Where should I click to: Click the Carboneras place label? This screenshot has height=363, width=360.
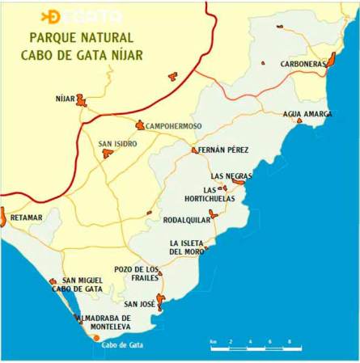coord(303,64)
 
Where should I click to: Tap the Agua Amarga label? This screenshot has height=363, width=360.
coord(307,114)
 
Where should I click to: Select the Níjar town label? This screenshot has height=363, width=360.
coord(65,99)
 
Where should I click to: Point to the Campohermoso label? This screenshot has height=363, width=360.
coord(173,126)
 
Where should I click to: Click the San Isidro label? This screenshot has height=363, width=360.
coord(117,144)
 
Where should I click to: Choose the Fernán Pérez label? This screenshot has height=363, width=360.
coord(223,150)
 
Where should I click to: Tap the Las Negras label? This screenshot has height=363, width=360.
coord(231,175)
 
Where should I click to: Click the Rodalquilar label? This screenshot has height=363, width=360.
coord(186,219)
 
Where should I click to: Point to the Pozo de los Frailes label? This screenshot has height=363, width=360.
coord(137,273)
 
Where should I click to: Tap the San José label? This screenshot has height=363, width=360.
coord(139,304)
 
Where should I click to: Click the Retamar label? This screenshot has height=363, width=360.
coord(27,217)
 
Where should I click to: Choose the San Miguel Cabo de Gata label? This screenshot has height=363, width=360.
coord(77,285)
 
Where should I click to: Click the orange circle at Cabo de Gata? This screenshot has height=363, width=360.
coord(96,337)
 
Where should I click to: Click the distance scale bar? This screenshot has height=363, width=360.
coord(255,348)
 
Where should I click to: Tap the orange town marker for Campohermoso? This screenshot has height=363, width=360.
coord(140,125)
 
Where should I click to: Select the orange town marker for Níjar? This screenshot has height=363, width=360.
coord(82,100)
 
